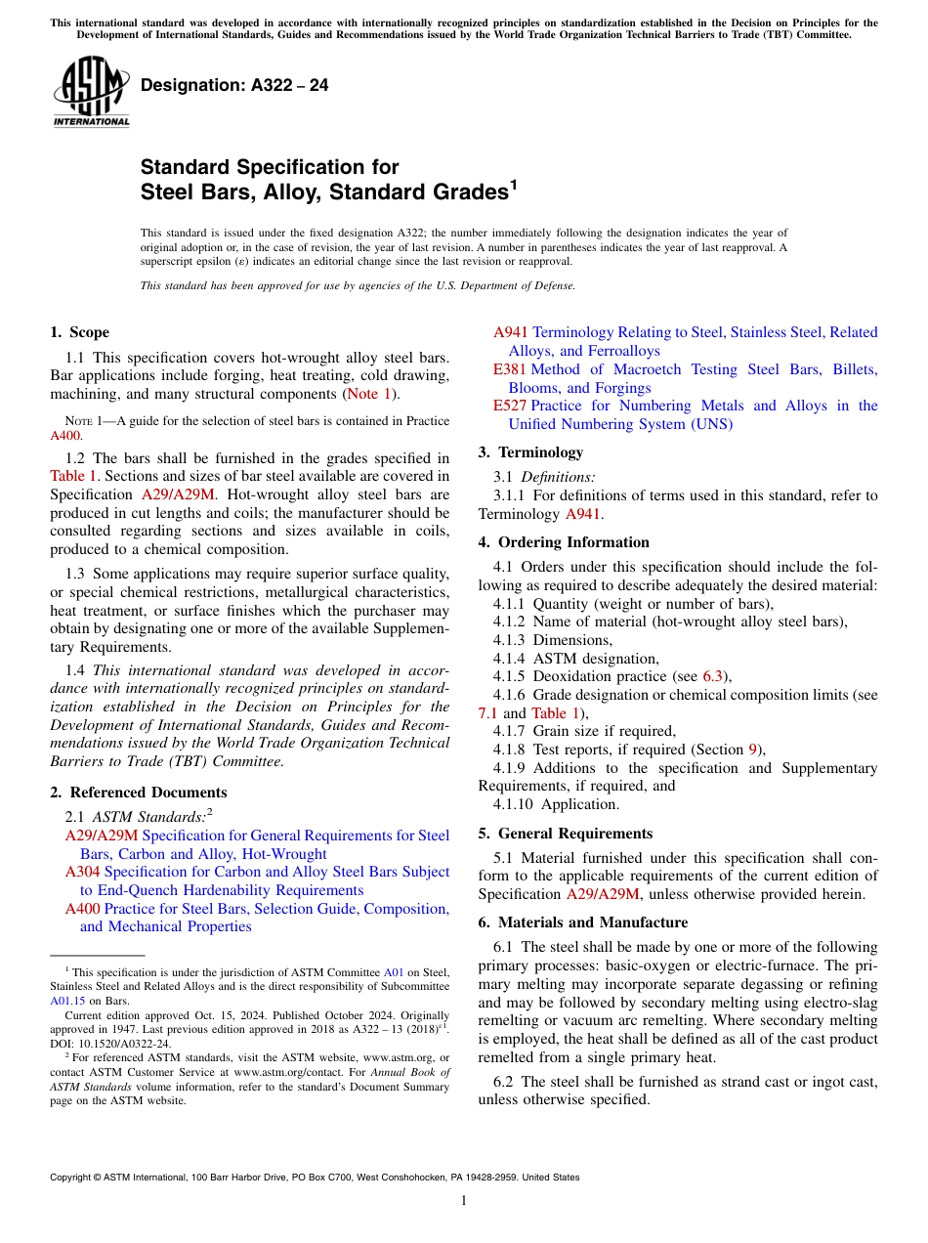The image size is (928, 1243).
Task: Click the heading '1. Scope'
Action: [79, 332]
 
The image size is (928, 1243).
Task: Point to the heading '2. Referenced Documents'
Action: [138, 793]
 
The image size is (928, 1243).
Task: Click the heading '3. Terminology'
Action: [530, 452]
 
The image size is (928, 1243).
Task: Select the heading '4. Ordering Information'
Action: [564, 542]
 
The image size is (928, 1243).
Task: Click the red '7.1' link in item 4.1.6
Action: [488, 712]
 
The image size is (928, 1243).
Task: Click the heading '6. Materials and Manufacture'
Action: [582, 922]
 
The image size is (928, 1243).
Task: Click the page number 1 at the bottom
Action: [464, 1201]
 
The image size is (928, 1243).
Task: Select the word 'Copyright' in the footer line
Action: [73, 1178]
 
